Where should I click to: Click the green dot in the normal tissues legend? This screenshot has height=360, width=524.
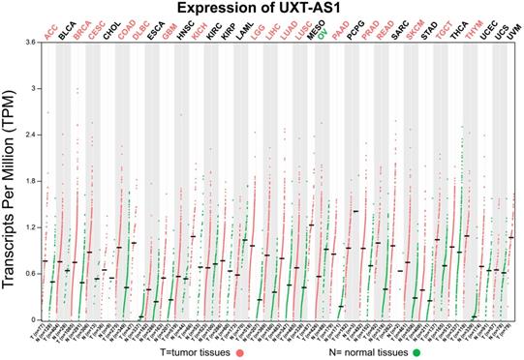(416, 351)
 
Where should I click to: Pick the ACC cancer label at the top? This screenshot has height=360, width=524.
(48, 29)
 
